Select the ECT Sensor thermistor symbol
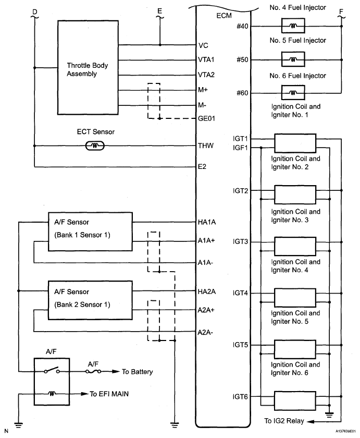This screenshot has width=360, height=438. point(94,146)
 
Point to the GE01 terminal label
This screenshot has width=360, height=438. point(207,119)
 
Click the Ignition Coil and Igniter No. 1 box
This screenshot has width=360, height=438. point(295,142)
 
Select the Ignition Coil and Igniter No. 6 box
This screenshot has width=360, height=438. point(295,401)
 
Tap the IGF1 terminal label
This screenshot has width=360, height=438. point(241,148)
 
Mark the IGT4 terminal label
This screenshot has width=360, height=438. point(241,293)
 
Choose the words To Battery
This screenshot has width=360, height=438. point(138,372)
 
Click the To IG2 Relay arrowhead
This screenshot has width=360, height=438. point(308,421)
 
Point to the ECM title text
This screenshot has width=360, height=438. point(224,16)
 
